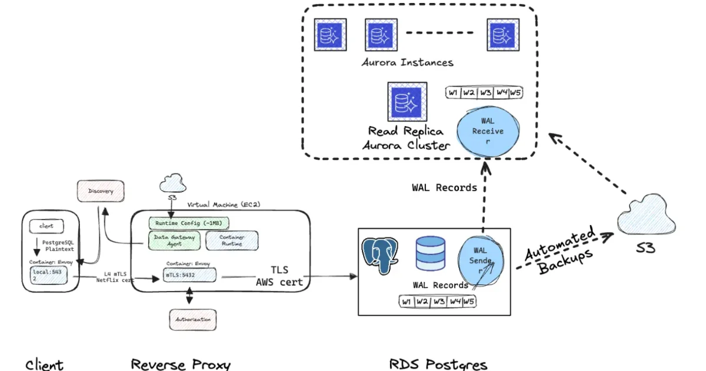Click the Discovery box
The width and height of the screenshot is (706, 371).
pos(101,191)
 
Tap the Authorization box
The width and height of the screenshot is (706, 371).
pos(189,319)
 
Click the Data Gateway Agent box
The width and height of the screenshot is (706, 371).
pos(174,240)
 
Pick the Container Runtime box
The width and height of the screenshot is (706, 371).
pos(232,240)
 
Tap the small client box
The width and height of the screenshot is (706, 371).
pos(46,226)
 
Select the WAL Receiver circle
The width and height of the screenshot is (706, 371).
pos(488,131)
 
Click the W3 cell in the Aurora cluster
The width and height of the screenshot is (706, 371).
pos(485,92)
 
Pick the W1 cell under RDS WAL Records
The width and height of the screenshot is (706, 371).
pos(406,302)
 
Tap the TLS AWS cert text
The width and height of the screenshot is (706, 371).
pos(279,276)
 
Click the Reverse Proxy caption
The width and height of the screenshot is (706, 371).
pos(181,364)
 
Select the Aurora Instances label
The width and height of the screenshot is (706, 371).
pos(408,62)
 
